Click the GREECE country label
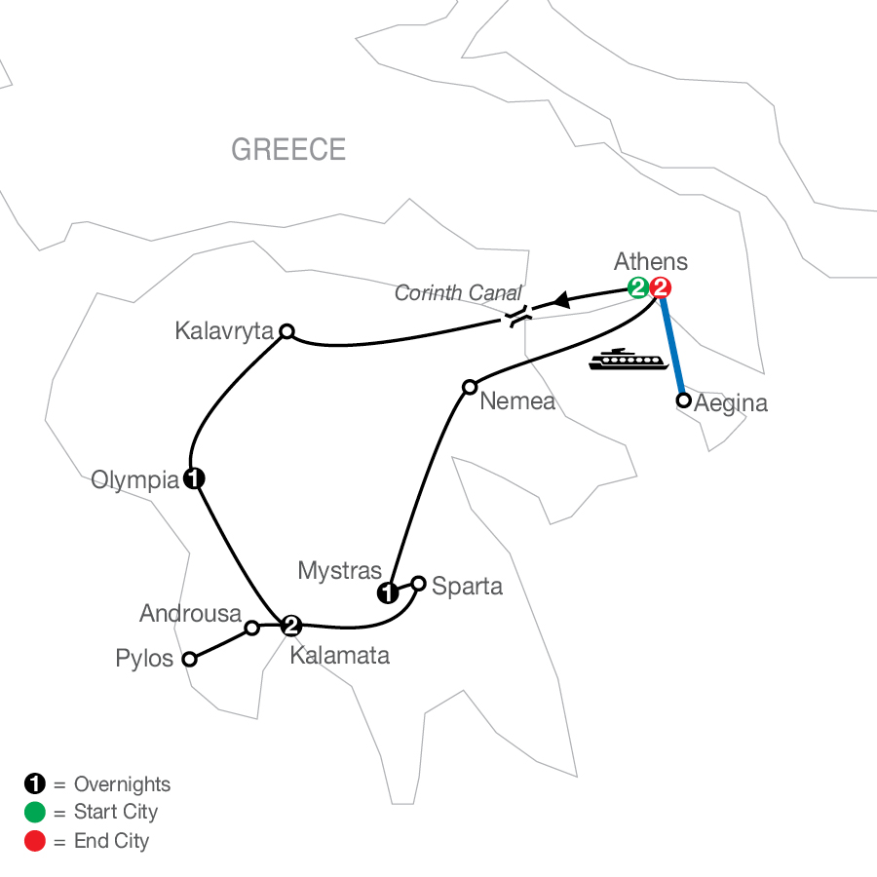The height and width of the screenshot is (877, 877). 288,149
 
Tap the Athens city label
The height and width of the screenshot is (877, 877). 651,261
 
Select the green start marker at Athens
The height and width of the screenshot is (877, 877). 638,287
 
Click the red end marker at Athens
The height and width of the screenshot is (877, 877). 661,287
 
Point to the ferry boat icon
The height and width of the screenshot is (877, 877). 628,360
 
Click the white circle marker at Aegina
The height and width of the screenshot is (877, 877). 684,400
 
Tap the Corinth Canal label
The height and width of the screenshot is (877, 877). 458,292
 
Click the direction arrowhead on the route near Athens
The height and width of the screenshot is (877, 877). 561,302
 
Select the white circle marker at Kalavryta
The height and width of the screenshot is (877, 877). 286,331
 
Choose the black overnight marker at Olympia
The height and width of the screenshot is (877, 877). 195,478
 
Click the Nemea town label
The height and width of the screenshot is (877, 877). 517,400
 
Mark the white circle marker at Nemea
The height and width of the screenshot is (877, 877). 469,385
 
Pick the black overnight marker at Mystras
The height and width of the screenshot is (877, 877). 389,592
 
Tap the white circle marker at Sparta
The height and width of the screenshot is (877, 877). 419,584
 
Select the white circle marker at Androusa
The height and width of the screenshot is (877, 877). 251,628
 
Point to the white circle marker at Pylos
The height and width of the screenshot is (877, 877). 190,659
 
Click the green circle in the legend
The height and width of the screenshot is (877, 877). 34,812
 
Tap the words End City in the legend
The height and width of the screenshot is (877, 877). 111,840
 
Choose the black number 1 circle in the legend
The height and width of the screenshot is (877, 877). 34,783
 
